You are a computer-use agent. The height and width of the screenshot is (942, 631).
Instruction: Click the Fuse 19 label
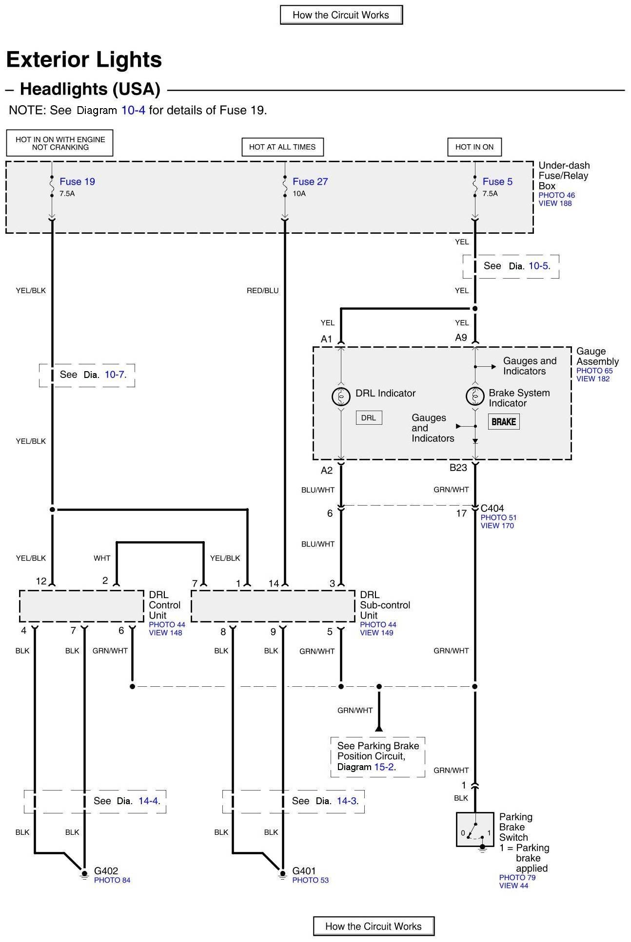77,182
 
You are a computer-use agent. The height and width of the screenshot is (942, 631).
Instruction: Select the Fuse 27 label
310,182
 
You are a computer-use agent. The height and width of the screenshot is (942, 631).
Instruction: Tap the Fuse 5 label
497,182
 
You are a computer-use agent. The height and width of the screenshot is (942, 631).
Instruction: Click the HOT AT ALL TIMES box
282,147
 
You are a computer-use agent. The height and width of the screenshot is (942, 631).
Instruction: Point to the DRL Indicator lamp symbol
341,396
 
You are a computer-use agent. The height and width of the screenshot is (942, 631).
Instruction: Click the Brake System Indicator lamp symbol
475,396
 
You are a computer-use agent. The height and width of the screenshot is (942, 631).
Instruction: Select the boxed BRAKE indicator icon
504,422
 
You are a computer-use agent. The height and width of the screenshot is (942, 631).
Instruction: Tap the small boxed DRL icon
369,418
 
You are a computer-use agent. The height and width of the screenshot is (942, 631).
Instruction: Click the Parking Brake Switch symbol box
475,829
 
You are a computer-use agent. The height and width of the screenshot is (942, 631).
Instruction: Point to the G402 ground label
106,871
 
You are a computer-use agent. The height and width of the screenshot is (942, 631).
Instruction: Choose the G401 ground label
304,871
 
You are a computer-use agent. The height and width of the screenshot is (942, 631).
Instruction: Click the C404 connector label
492,509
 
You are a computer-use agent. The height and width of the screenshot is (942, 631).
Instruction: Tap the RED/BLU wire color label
262,291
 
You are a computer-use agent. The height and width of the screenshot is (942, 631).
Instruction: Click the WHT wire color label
102,558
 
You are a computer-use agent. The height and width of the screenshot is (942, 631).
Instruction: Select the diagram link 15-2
384,767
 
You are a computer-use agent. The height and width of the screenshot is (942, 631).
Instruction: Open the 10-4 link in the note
133,111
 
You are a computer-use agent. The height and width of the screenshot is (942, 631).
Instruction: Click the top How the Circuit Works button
341,15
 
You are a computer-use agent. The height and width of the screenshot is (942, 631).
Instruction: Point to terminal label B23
458,468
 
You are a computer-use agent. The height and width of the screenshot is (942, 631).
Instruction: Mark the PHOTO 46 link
556,195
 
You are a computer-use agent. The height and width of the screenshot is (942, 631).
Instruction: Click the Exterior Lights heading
84,60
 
